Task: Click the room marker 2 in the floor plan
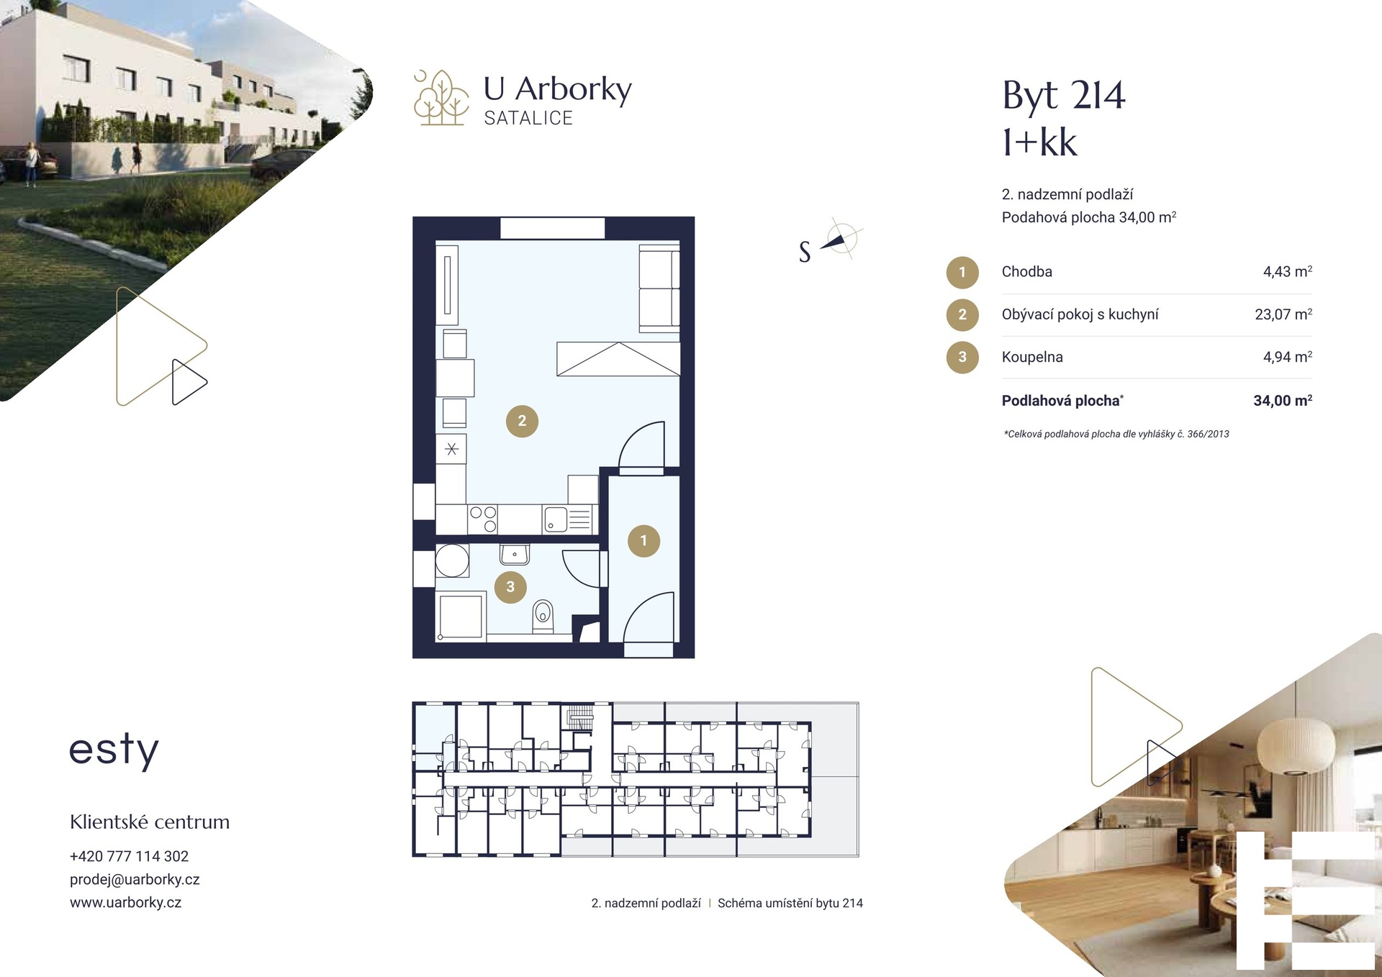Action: pos(522,421)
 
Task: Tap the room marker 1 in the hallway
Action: pos(643,540)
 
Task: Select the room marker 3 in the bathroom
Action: pos(510,586)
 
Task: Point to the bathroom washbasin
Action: pos(515,554)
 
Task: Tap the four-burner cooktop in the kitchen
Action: pos(483,519)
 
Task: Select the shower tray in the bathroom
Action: pos(461,616)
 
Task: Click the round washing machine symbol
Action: pos(452,560)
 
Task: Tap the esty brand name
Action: pos(114,750)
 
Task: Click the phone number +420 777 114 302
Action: pos(129,856)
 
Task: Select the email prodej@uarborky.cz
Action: pos(135,879)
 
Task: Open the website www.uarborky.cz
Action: pos(125,902)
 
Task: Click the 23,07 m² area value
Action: pos(1283,314)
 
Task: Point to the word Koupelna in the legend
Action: pos(1032,357)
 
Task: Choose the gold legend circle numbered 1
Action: pos(962,273)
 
